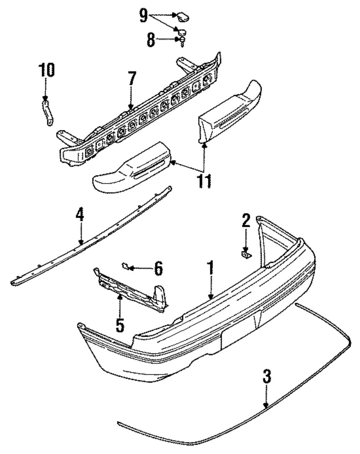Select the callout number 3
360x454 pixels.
266,377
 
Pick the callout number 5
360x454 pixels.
120,324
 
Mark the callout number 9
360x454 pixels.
143,16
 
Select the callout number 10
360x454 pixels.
46,70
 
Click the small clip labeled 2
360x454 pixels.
246,255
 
